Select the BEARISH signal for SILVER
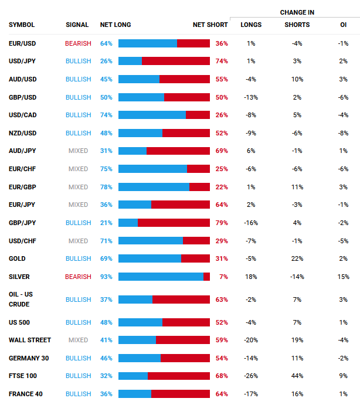point(78,277)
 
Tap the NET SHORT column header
point(210,25)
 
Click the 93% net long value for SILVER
point(106,277)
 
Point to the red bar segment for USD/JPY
point(176,61)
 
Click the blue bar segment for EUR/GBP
point(154,187)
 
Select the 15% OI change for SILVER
point(343,277)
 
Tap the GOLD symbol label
point(17,258)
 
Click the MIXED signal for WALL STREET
point(78,340)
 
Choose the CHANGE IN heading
point(297,12)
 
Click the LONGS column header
point(251,25)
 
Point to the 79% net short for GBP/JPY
point(222,223)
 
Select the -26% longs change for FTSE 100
point(251,376)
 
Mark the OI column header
point(343,25)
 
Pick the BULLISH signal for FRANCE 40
point(78,394)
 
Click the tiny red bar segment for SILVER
point(206,277)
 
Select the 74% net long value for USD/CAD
point(106,115)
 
